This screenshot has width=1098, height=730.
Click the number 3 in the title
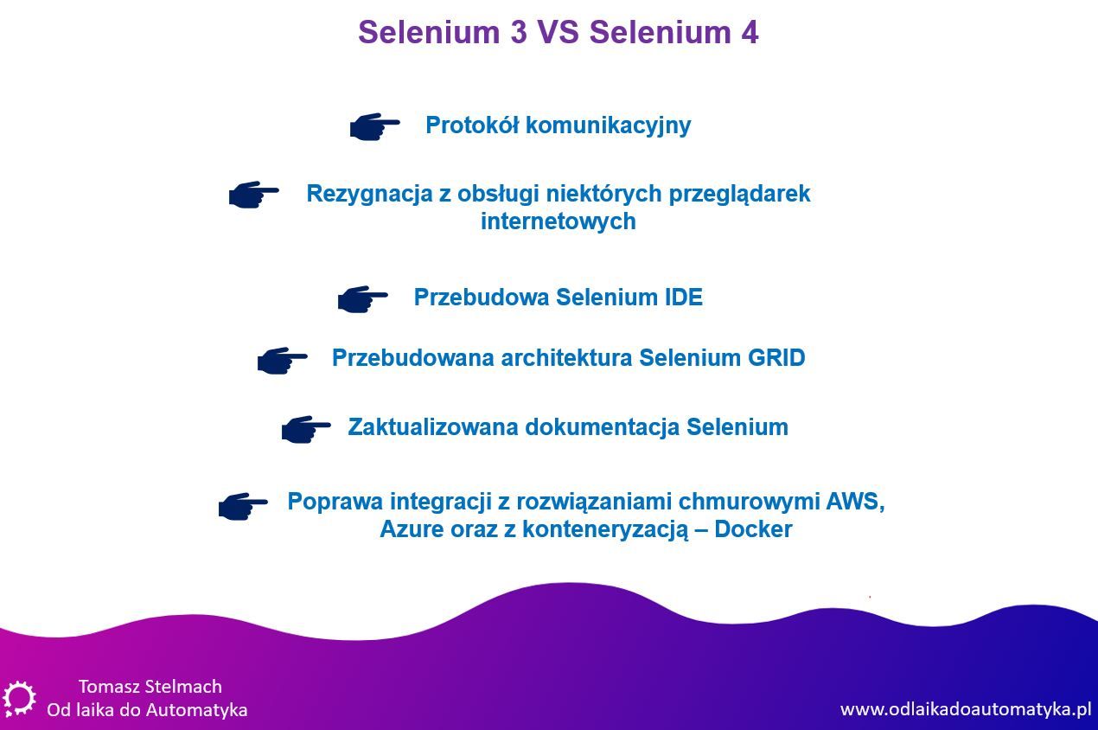coord(519,32)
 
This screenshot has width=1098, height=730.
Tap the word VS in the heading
coord(559,32)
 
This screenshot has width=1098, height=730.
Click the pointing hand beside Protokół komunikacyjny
coord(375,126)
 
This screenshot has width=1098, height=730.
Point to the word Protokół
coord(472,125)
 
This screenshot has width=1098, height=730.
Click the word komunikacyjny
coord(609,126)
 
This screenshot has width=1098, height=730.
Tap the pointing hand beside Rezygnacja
coord(254,195)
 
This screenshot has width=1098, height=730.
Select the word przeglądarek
coord(739,195)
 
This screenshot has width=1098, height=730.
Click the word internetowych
coord(559,221)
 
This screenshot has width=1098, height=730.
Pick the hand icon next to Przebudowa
coord(363,299)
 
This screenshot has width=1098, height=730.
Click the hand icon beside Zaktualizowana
coord(306,430)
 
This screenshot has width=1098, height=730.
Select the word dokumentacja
coord(602,427)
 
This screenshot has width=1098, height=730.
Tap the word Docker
coord(753,529)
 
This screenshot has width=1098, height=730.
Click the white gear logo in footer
coord(19,699)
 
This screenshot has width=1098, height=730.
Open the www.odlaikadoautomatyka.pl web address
coord(966,710)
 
